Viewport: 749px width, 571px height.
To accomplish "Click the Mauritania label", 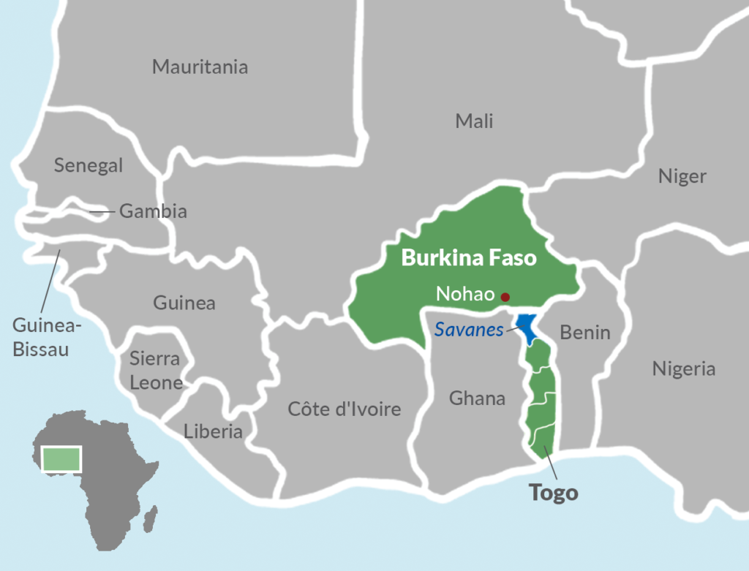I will click(x=200, y=67).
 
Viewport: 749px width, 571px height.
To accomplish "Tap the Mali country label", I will click(x=474, y=121).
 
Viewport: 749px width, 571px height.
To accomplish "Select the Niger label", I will click(x=682, y=176).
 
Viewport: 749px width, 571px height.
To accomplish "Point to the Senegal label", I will click(x=89, y=166).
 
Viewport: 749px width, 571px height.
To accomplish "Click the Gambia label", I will click(x=153, y=212).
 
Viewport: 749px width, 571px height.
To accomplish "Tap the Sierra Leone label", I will click(x=155, y=370).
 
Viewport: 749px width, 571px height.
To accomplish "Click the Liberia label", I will click(x=213, y=431).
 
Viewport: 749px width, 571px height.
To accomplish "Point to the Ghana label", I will click(x=477, y=398).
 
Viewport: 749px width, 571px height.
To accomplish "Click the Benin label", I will click(x=584, y=333).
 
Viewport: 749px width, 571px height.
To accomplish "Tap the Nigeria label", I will click(x=683, y=369).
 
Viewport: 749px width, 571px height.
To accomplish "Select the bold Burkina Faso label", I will click(x=469, y=258).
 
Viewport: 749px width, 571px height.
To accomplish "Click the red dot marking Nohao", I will click(x=505, y=297).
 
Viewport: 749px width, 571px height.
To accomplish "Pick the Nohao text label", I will click(x=465, y=295).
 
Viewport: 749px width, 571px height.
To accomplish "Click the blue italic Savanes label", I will click(x=469, y=330).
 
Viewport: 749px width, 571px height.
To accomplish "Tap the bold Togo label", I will click(x=554, y=493).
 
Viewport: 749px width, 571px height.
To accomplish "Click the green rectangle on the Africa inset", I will click(x=62, y=458).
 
